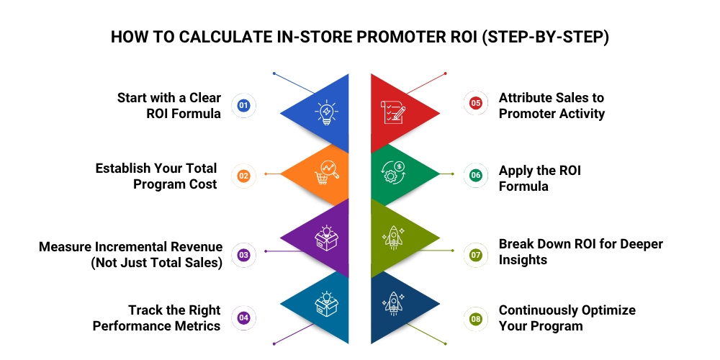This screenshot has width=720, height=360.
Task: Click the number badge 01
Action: pyautogui.click(x=243, y=106)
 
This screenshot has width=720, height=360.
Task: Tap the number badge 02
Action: pyautogui.click(x=243, y=176)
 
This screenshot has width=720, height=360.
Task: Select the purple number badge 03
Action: pyautogui.click(x=243, y=255)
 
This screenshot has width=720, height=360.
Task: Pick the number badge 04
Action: pyautogui.click(x=243, y=318)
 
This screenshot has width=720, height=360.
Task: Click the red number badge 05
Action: pyautogui.click(x=475, y=104)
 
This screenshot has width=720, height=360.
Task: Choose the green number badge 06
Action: pyautogui.click(x=475, y=176)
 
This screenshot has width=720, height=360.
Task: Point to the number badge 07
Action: pyautogui.click(x=475, y=255)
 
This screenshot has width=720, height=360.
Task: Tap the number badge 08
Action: pyautogui.click(x=475, y=318)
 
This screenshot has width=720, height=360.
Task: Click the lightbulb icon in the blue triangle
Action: pyautogui.click(x=326, y=113)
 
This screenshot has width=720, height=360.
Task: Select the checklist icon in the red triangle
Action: pyautogui.click(x=392, y=113)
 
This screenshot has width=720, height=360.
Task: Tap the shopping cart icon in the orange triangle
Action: pyautogui.click(x=326, y=173)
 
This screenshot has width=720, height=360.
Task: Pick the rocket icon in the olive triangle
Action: pyautogui.click(x=392, y=238)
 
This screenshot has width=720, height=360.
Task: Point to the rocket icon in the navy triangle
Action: pyautogui.click(x=392, y=304)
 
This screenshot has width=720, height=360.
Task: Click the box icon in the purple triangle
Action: pyautogui.click(x=326, y=238)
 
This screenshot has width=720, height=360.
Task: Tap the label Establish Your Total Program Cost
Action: pyautogui.click(x=156, y=176)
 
